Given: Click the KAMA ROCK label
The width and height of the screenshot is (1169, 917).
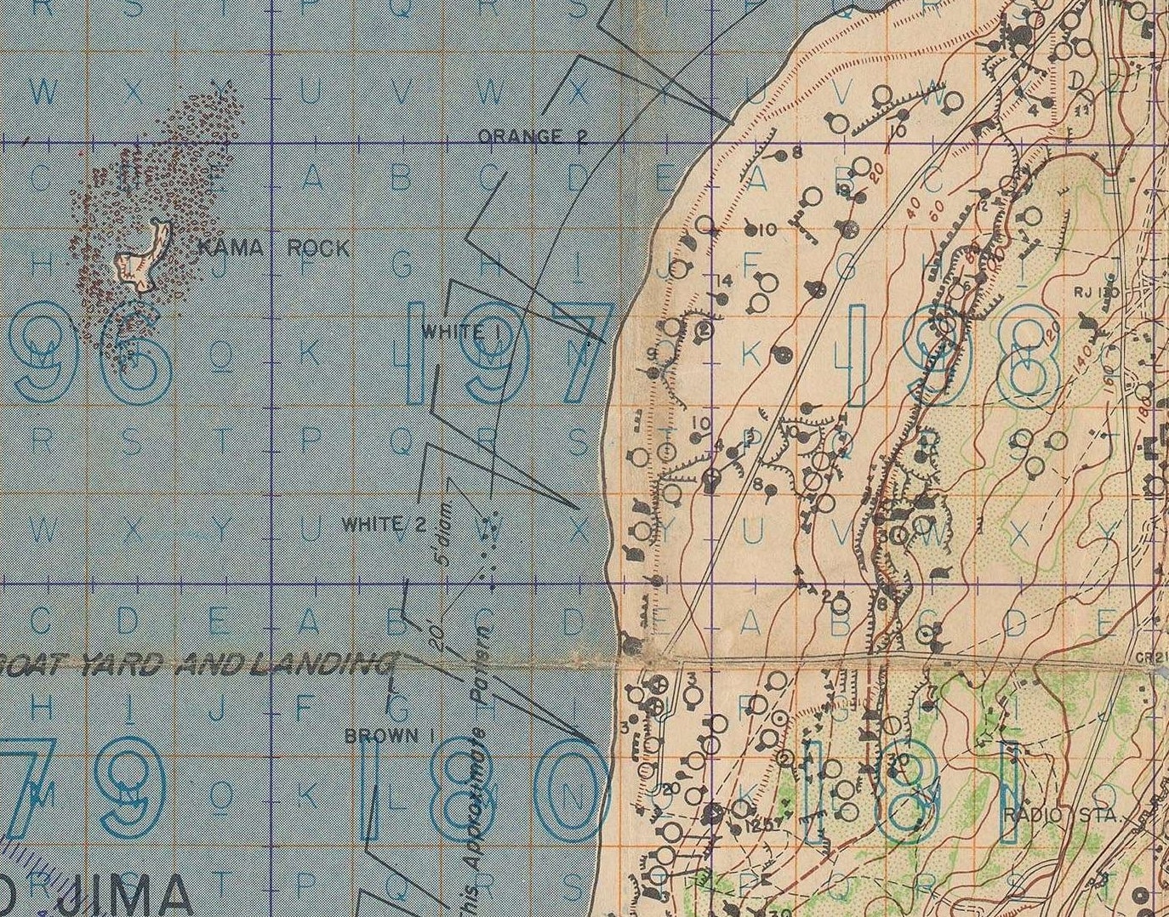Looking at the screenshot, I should pyautogui.click(x=272, y=248).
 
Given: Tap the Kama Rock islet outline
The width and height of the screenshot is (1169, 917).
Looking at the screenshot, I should pyautogui.click(x=140, y=255).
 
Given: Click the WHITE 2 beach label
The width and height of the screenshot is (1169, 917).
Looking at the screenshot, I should pyautogui.click(x=383, y=524).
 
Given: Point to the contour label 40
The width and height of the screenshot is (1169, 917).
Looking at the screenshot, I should pyautogui.click(x=916, y=207).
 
